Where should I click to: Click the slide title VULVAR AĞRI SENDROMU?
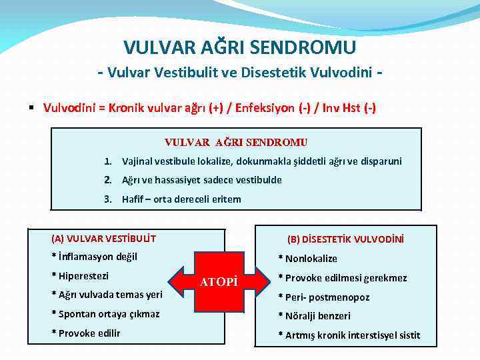(x=239, y=47)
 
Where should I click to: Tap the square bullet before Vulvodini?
(x=31, y=107)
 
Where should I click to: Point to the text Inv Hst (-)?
(x=347, y=107)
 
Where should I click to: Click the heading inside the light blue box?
(x=236, y=142)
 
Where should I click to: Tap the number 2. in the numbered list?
(x=107, y=180)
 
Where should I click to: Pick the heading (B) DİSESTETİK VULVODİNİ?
(x=345, y=239)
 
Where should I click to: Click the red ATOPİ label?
(x=219, y=282)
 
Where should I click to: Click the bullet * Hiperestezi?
(x=81, y=276)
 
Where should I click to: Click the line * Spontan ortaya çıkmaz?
(x=105, y=314)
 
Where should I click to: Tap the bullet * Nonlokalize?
(x=307, y=259)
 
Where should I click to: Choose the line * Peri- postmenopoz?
(x=323, y=297)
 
